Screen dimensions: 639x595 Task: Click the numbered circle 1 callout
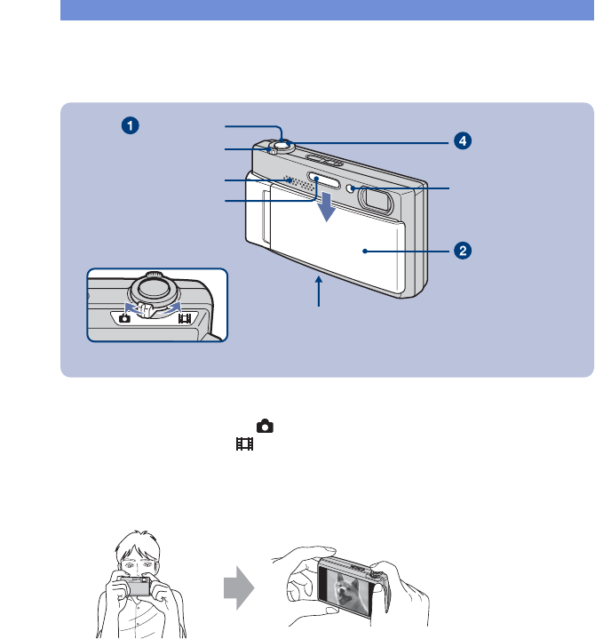[x=131, y=126]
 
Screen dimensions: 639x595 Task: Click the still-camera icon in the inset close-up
[x=125, y=317]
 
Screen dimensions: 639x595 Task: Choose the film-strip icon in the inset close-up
[x=185, y=316]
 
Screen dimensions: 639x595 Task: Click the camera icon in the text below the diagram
[x=263, y=427]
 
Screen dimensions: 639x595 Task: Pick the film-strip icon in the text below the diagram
[x=240, y=443]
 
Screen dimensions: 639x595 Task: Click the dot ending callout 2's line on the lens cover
[x=365, y=252]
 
